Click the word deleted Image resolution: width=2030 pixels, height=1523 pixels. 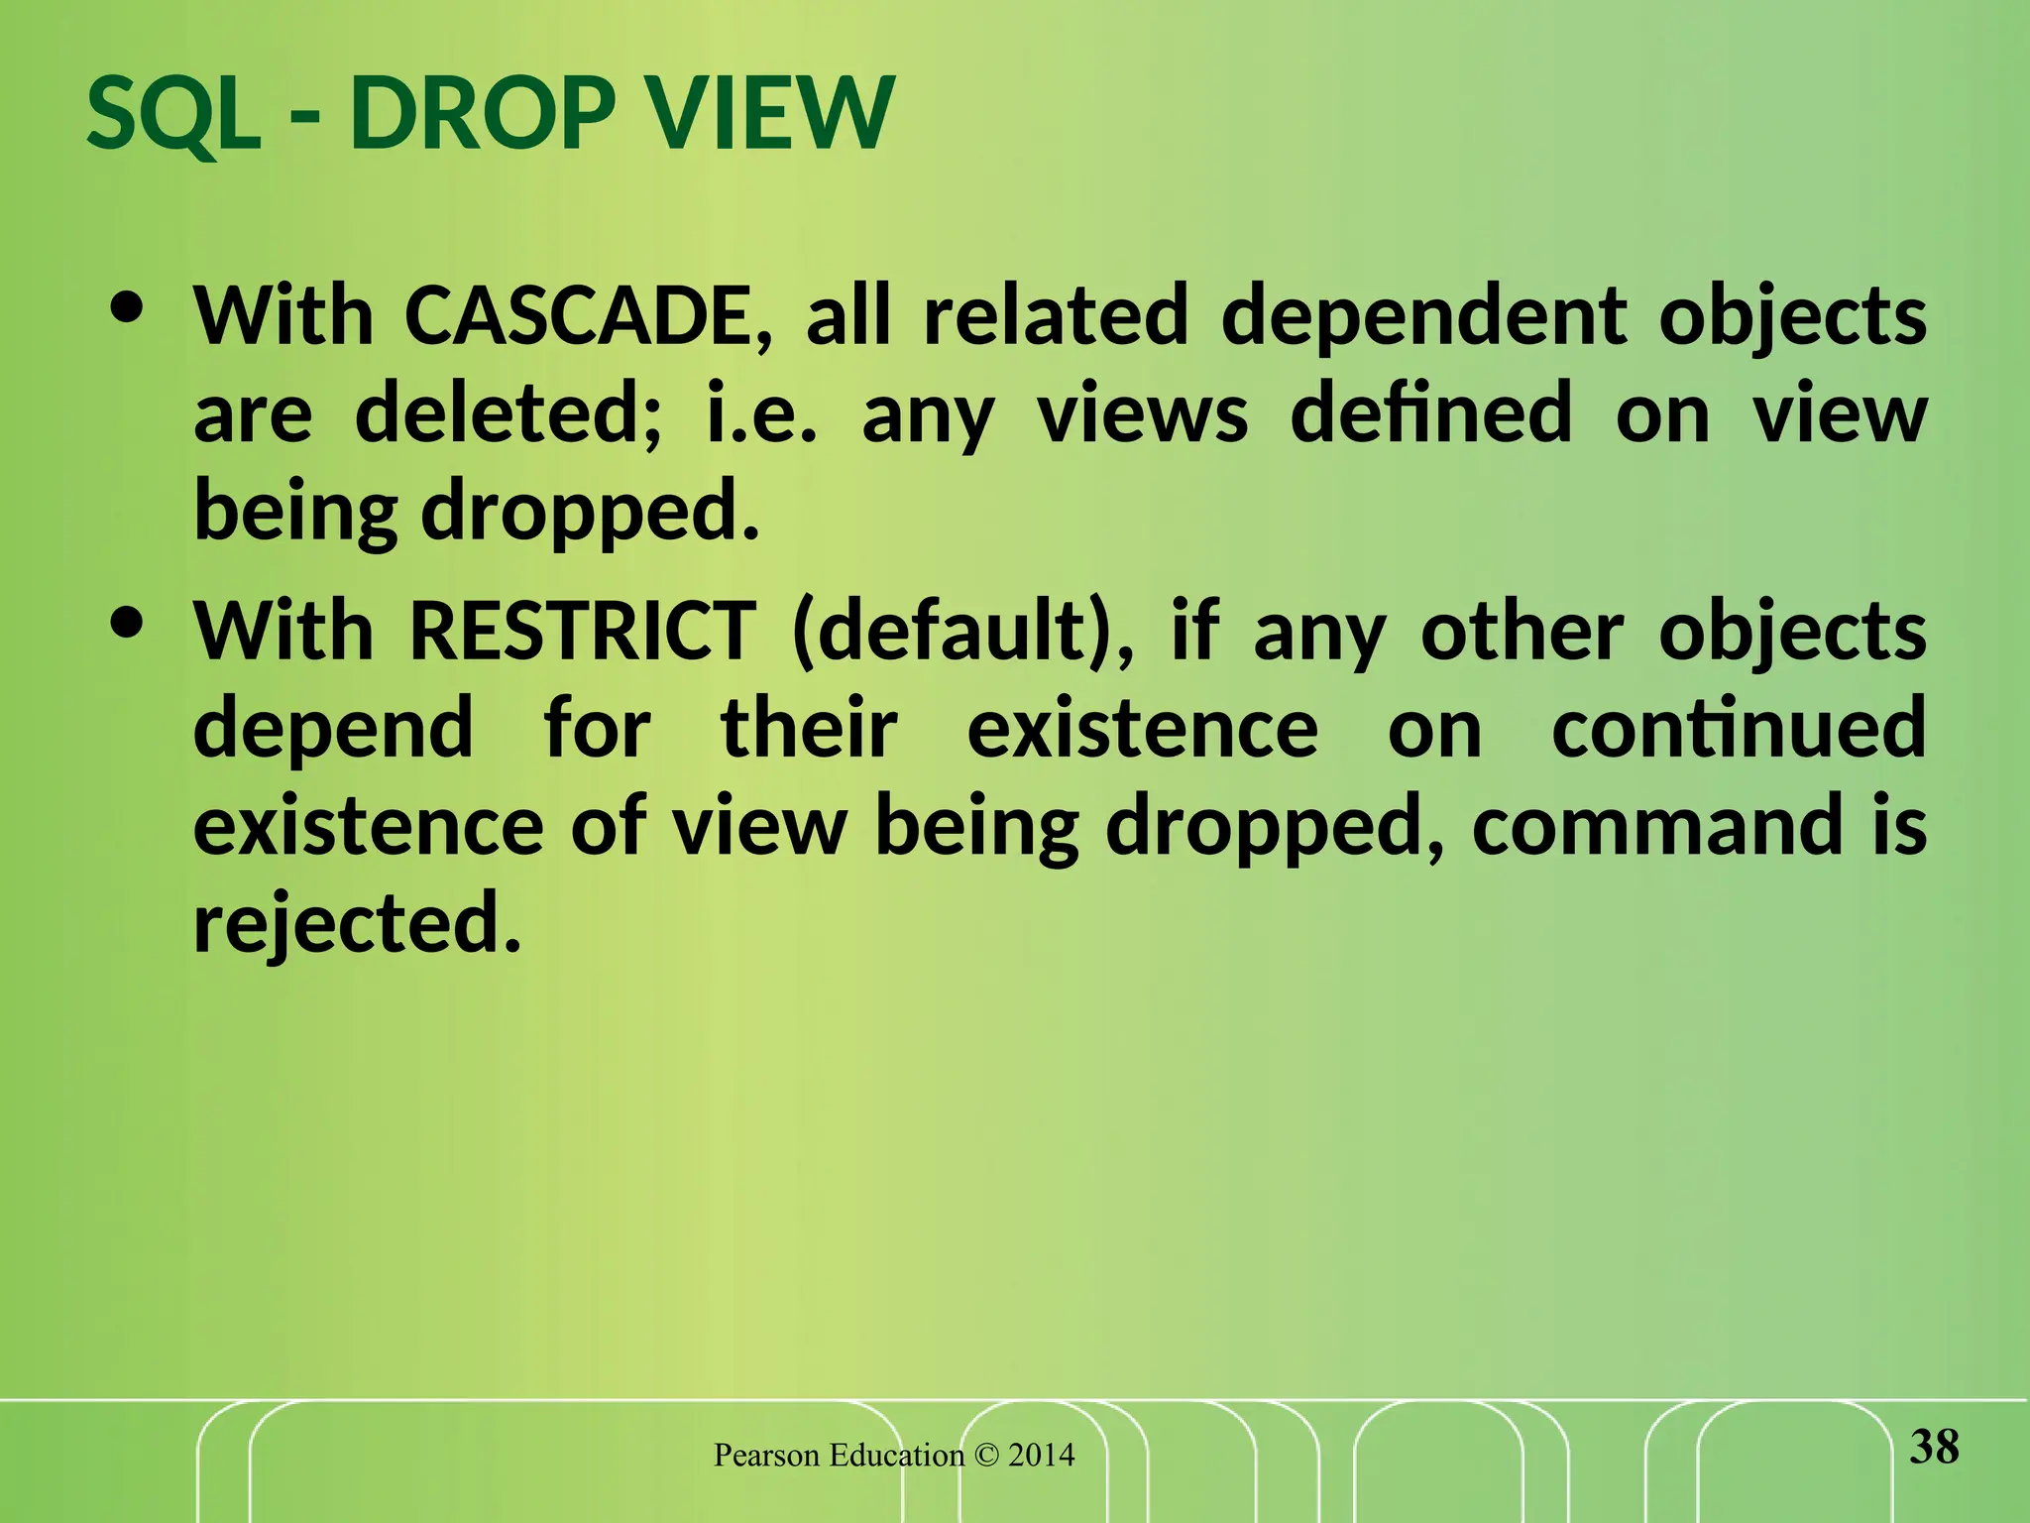click(x=507, y=414)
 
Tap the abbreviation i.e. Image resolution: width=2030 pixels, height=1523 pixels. click(x=762, y=414)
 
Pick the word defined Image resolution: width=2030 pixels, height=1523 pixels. click(x=1430, y=414)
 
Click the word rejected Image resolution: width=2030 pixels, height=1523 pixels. click(x=357, y=922)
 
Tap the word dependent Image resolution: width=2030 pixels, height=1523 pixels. click(x=1423, y=317)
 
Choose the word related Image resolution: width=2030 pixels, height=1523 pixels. click(x=1055, y=317)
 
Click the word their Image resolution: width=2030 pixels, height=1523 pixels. click(x=809, y=728)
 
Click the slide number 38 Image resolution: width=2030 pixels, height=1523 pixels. click(x=1934, y=1447)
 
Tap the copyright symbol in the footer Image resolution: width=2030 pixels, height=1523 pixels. click(x=986, y=1456)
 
